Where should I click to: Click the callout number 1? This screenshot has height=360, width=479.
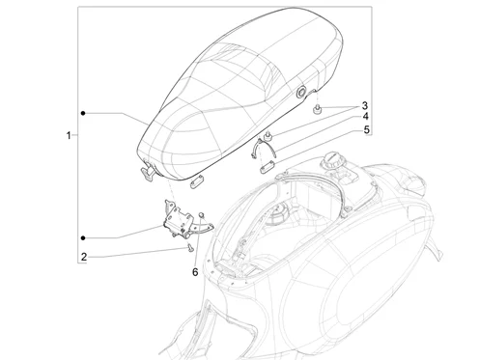69,135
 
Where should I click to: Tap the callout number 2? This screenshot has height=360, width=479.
84,257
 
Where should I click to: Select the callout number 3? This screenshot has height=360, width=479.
365,106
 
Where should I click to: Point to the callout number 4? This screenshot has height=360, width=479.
366,117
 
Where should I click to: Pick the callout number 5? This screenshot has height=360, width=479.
367,130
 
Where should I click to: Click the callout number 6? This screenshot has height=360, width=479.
195,272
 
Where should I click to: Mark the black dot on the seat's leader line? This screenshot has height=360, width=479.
83,113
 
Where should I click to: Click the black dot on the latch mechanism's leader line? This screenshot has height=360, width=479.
83,238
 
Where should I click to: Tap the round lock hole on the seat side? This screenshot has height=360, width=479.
301,92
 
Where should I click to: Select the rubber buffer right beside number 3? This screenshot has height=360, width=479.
317,109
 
